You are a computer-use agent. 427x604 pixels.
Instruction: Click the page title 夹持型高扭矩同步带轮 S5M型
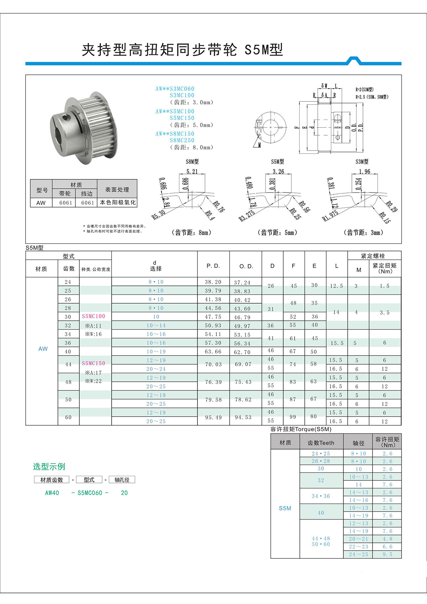click(x=182, y=50)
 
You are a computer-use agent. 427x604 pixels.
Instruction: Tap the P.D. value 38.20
click(x=213, y=282)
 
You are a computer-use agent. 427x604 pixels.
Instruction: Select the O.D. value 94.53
click(x=243, y=417)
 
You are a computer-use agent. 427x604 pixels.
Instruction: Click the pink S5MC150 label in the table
click(x=94, y=363)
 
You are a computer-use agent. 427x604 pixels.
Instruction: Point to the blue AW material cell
click(x=43, y=349)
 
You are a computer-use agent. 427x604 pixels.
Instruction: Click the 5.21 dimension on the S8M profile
click(x=192, y=172)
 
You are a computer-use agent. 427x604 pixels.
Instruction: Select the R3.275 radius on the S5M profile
click(x=247, y=216)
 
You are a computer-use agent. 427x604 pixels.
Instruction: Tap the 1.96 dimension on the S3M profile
click(x=364, y=172)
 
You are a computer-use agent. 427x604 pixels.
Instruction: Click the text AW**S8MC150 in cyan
click(x=175, y=134)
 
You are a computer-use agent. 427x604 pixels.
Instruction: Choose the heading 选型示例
click(x=49, y=466)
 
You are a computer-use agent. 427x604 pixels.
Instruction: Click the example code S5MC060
click(x=90, y=493)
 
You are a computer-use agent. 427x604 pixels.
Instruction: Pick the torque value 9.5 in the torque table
click(x=388, y=555)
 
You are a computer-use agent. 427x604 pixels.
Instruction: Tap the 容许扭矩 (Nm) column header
click(x=387, y=442)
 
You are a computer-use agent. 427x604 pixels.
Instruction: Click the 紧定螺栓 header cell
click(x=373, y=256)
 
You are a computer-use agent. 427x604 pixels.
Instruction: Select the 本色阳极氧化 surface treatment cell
click(x=118, y=203)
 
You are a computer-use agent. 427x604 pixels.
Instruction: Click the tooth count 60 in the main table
click(x=68, y=417)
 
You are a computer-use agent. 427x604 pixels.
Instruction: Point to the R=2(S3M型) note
click(x=364, y=90)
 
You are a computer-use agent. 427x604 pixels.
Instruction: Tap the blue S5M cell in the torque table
click(x=285, y=508)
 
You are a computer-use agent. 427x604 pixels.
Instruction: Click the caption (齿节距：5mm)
click(x=277, y=233)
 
